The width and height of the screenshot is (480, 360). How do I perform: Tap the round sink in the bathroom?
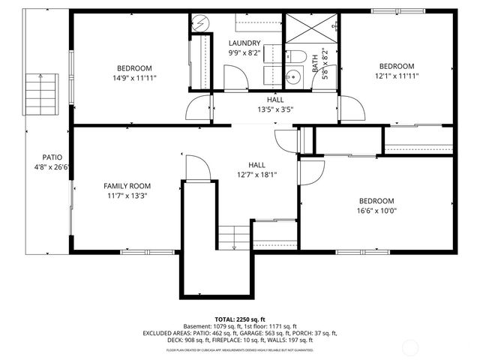(x=291, y=76)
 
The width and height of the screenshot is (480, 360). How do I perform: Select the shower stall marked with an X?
(x=308, y=29)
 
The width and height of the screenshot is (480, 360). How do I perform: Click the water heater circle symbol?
(x=199, y=22)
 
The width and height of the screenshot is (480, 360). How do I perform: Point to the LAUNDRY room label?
(x=244, y=43)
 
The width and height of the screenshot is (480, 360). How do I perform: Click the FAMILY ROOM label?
(x=127, y=186)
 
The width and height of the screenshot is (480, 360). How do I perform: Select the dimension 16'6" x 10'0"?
(x=376, y=211)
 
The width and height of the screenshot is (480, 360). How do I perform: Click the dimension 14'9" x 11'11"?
(x=135, y=78)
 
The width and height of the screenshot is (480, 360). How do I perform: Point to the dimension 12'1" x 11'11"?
(x=397, y=76)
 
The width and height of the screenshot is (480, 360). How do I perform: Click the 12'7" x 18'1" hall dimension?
(x=257, y=175)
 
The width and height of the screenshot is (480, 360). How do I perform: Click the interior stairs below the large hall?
(x=232, y=238)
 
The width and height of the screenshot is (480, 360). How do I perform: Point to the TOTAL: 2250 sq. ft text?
(x=240, y=319)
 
